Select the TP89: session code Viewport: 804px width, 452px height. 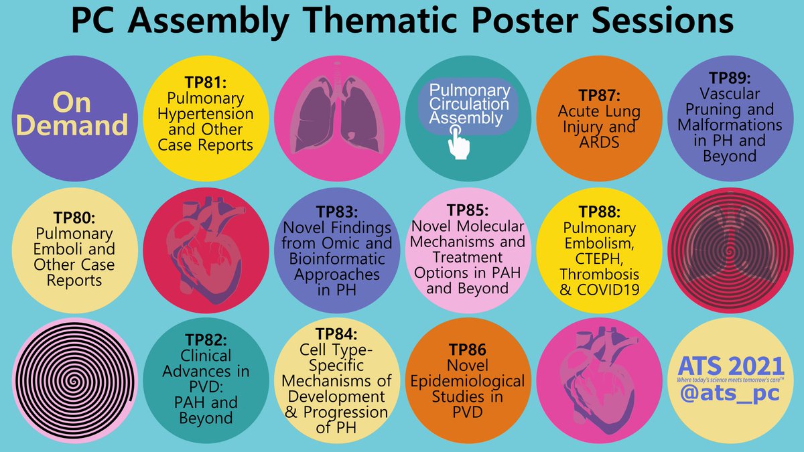[730, 80]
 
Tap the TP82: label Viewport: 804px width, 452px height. [206, 340]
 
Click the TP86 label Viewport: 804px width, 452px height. [468, 350]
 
